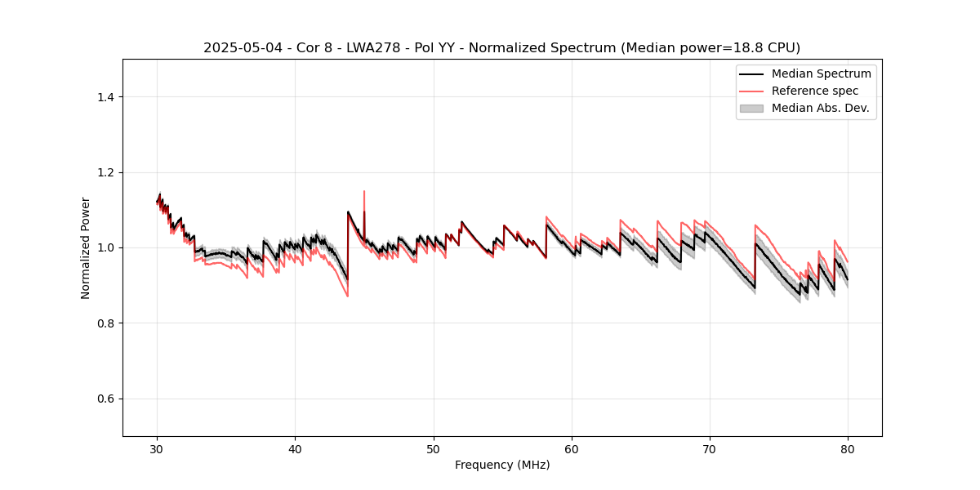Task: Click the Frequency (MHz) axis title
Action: pos(502,465)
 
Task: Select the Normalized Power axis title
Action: pos(86,247)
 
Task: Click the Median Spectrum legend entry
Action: pos(821,73)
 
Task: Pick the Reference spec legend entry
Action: pos(815,91)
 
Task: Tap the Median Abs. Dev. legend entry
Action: pos(820,108)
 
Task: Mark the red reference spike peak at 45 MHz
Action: pos(364,192)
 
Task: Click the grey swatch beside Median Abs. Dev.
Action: pos(751,108)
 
